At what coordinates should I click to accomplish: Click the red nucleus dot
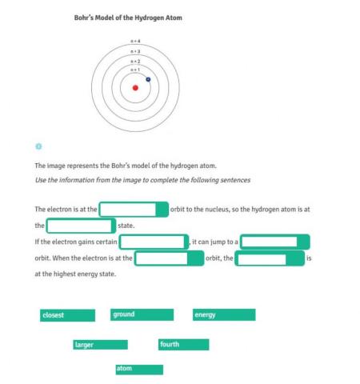click(135, 88)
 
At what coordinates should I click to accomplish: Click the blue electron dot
click(149, 79)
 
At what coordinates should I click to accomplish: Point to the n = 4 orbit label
click(135, 41)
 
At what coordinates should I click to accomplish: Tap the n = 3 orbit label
click(135, 51)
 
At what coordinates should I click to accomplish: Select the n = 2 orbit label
click(135, 61)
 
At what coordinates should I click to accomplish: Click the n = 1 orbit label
click(135, 70)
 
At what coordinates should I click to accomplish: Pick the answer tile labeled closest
click(67, 315)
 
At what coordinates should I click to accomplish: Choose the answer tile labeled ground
click(142, 315)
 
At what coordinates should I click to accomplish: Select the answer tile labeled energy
click(223, 315)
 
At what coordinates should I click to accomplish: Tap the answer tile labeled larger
click(100, 345)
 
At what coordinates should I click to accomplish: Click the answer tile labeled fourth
click(183, 345)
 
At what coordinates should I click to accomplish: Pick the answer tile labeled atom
click(138, 369)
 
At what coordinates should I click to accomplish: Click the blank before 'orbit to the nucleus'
click(133, 210)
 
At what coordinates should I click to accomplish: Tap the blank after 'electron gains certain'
click(154, 242)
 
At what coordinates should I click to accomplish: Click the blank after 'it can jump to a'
click(274, 242)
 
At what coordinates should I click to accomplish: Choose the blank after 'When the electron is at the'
click(169, 258)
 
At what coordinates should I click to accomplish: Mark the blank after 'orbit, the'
click(270, 258)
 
